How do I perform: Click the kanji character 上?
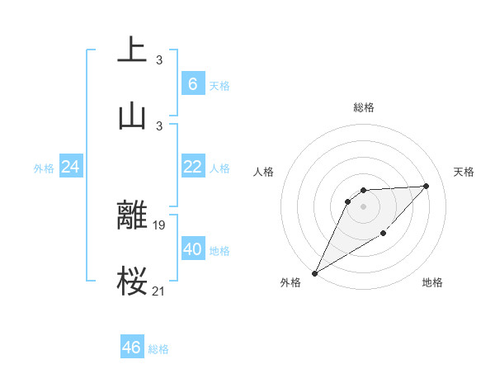pos(132,50)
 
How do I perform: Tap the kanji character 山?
pos(132,116)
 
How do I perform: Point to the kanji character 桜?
pos(132,281)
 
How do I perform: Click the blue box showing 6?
pos(192,83)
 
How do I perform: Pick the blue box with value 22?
pos(192,167)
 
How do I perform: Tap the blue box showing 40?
pos(192,249)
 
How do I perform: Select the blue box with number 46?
pos(132,348)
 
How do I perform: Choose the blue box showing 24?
pos(71,167)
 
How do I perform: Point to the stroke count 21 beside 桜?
pos(158,290)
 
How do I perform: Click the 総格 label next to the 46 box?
pos(158,349)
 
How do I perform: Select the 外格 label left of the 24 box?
pos(44,168)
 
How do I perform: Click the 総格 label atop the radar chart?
pos(364,107)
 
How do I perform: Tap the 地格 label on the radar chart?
pos(432,283)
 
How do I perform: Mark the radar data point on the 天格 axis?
pos(427,186)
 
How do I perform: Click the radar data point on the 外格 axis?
pos(314,273)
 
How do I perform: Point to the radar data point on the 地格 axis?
pos(384,234)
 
